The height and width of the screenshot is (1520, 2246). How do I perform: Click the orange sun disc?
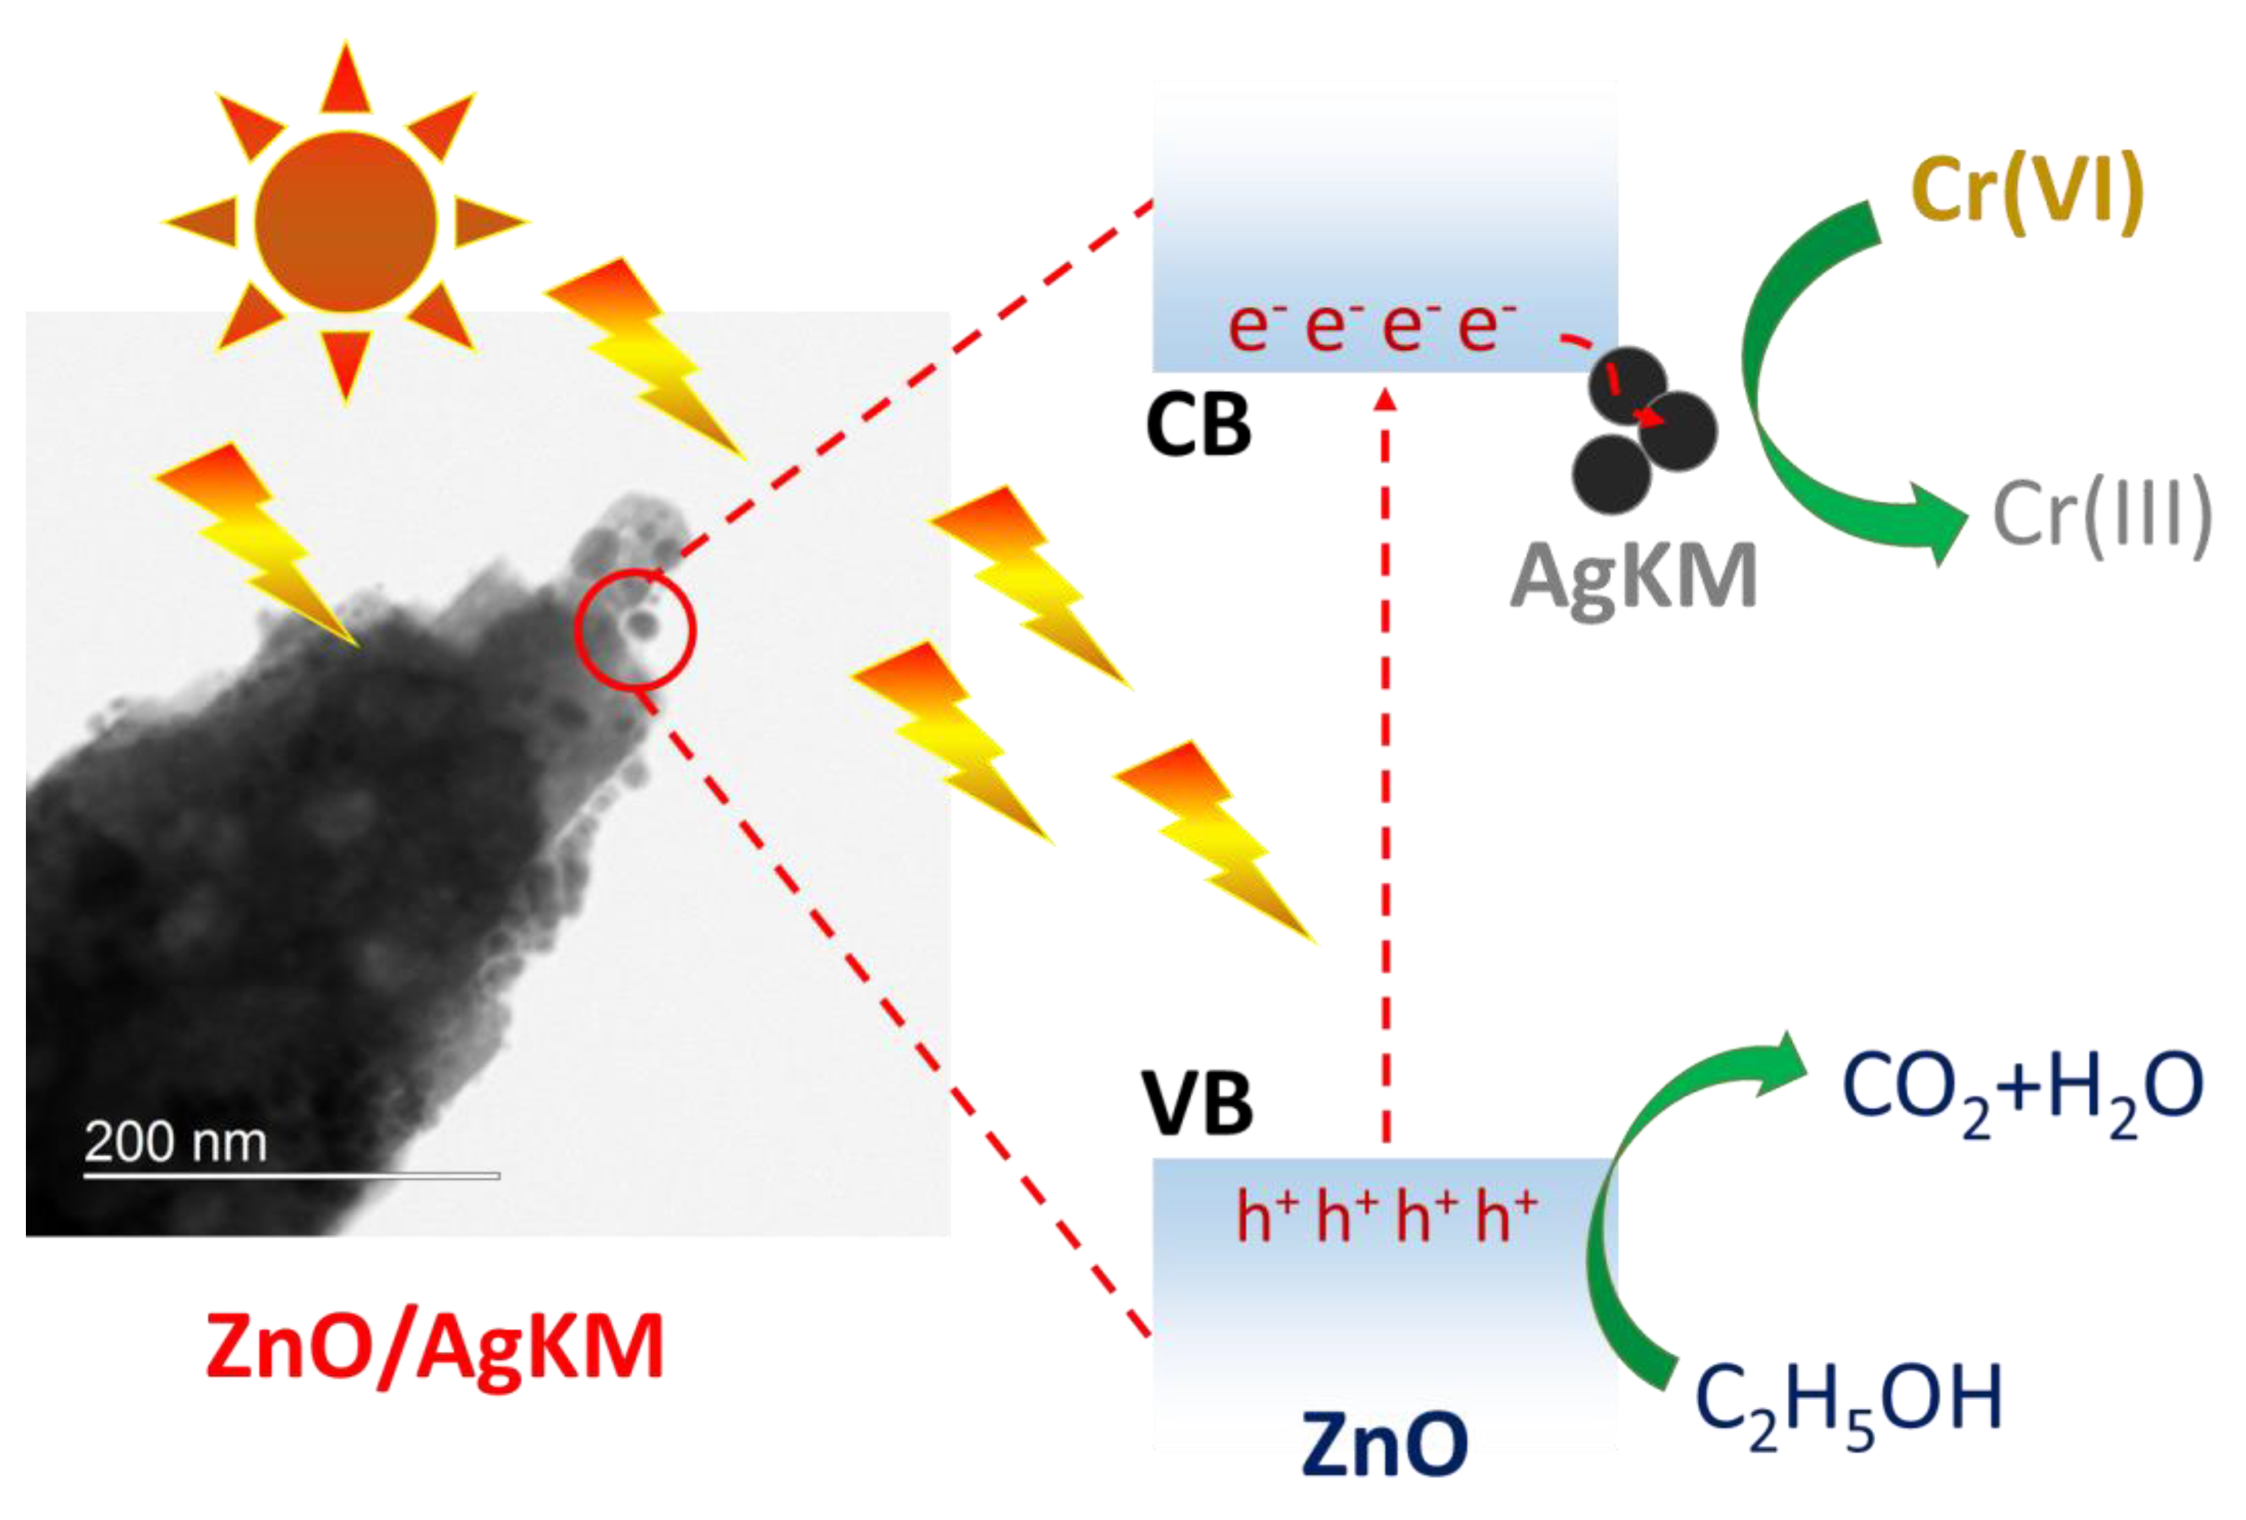[345, 222]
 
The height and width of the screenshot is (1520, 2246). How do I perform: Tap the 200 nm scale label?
[175, 1142]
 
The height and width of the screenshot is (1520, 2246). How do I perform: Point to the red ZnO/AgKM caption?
[435, 1346]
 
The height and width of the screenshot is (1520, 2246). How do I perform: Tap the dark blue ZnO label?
[1384, 1444]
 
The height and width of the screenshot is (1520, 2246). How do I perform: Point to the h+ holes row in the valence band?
[1386, 1217]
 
